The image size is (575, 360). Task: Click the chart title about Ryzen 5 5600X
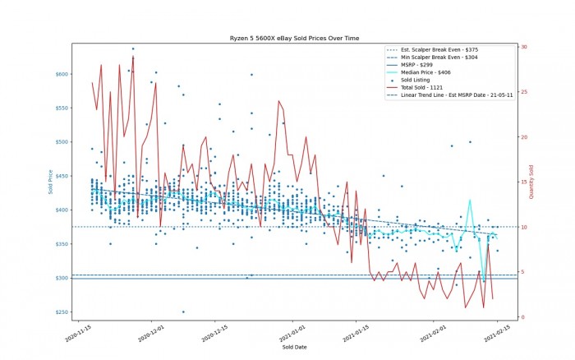[x=293, y=39]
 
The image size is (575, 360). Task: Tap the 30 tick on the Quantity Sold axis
[x=523, y=47]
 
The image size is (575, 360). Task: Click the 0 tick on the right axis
[x=522, y=318]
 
